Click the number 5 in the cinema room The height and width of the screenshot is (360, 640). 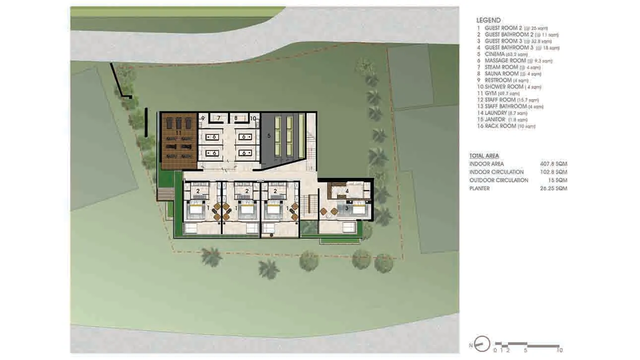[x=269, y=134]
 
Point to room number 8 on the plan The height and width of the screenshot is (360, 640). [x=236, y=119]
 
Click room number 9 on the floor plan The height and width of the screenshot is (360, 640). [x=202, y=119]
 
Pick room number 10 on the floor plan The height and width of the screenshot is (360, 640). [x=253, y=119]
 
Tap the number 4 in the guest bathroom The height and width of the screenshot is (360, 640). [x=347, y=191]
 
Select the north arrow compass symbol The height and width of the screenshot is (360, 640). [x=482, y=344]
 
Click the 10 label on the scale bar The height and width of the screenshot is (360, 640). [x=560, y=350]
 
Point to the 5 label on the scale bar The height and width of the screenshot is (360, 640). [x=525, y=350]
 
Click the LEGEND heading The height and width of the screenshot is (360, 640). [x=488, y=20]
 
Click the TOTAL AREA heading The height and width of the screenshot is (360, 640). [x=484, y=156]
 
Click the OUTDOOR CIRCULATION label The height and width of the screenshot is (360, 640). [x=499, y=180]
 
